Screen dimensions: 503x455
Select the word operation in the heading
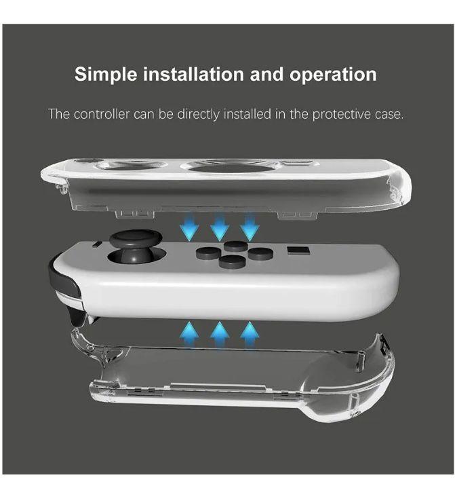(334, 74)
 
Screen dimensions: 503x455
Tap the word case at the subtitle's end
(389, 113)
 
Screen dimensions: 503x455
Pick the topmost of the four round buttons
(235, 246)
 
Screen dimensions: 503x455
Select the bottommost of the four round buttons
(232, 261)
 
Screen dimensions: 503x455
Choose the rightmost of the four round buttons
(260, 253)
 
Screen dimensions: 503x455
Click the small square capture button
(297, 252)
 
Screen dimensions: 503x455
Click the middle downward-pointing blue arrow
(219, 227)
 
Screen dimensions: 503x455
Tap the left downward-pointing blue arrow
(189, 227)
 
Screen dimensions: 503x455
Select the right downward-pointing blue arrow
(250, 227)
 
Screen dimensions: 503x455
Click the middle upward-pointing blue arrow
(219, 333)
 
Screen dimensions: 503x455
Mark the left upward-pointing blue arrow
(189, 333)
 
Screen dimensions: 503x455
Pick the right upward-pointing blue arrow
(250, 333)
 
